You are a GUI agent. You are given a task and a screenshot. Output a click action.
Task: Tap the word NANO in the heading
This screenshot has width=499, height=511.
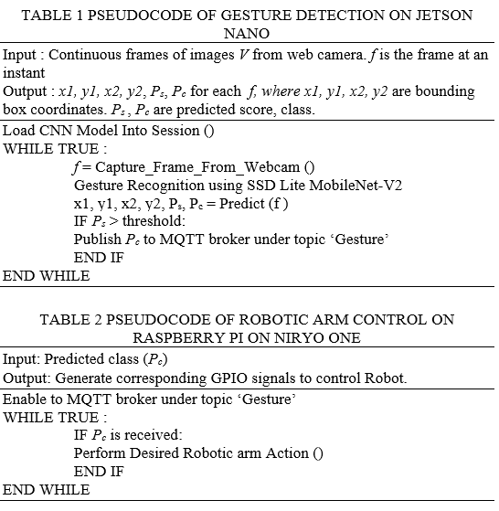[247, 33]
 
